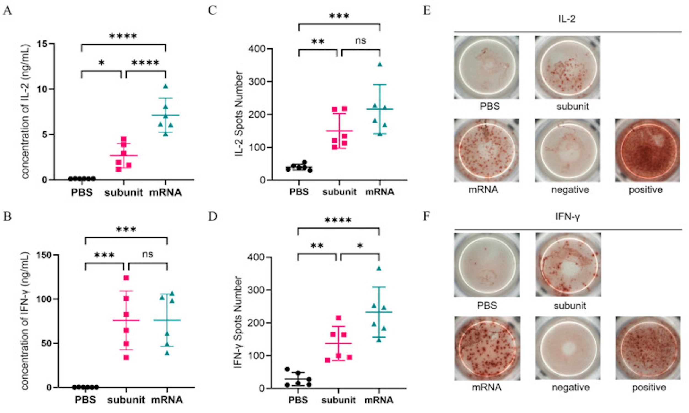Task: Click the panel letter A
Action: tap(7, 11)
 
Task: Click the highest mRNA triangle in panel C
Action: tap(380, 64)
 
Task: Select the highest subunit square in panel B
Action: tap(126, 278)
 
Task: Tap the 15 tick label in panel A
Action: tap(42, 44)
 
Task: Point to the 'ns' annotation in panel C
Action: tap(360, 41)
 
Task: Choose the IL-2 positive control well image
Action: tap(647, 150)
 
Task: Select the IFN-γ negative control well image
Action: tap(567, 348)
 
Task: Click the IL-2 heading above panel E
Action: tap(567, 19)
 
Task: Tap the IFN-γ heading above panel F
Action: tap(567, 216)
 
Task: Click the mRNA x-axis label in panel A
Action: tap(165, 192)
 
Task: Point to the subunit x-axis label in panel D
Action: tap(338, 400)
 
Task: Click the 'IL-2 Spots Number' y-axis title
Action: tap(239, 114)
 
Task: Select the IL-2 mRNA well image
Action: tap(486, 150)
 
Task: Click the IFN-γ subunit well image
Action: tap(568, 264)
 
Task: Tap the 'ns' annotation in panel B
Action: tap(148, 254)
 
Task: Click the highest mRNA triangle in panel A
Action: tap(165, 86)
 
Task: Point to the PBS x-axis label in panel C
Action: tap(299, 192)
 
